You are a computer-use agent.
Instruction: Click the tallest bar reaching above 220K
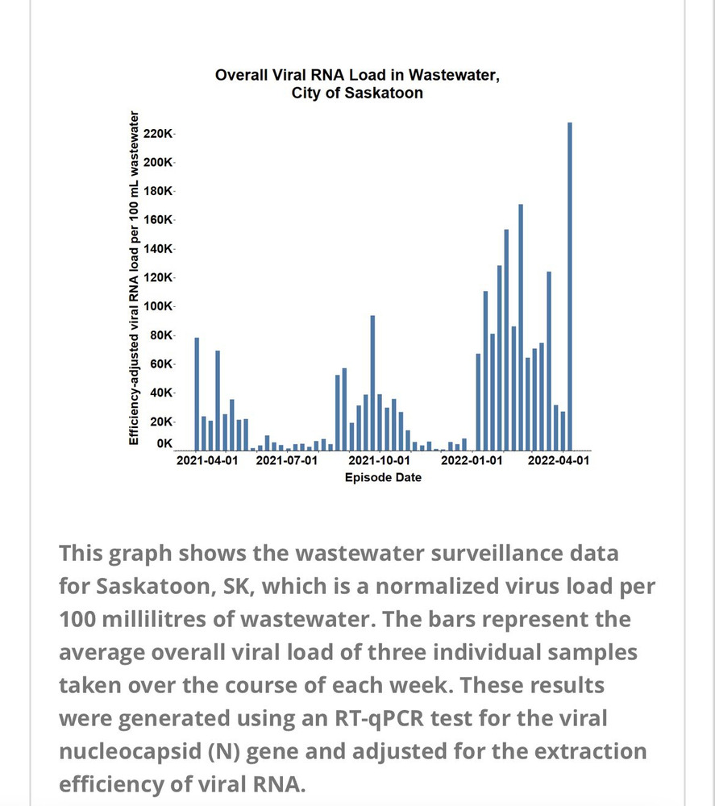pos(570,286)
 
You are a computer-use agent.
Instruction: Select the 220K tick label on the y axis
pos(159,133)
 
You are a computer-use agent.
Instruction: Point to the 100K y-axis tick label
pos(159,306)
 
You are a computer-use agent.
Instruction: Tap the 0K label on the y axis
pos(164,443)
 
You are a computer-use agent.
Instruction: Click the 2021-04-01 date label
pos(207,461)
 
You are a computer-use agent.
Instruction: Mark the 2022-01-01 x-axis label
pos(472,461)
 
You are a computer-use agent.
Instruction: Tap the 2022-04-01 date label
pos(558,461)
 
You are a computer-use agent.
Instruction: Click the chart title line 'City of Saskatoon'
pos(357,93)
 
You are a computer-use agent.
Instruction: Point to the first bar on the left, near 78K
pos(197,393)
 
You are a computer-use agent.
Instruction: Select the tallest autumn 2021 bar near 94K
pos(372,383)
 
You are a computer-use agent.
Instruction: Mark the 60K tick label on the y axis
pos(161,364)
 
